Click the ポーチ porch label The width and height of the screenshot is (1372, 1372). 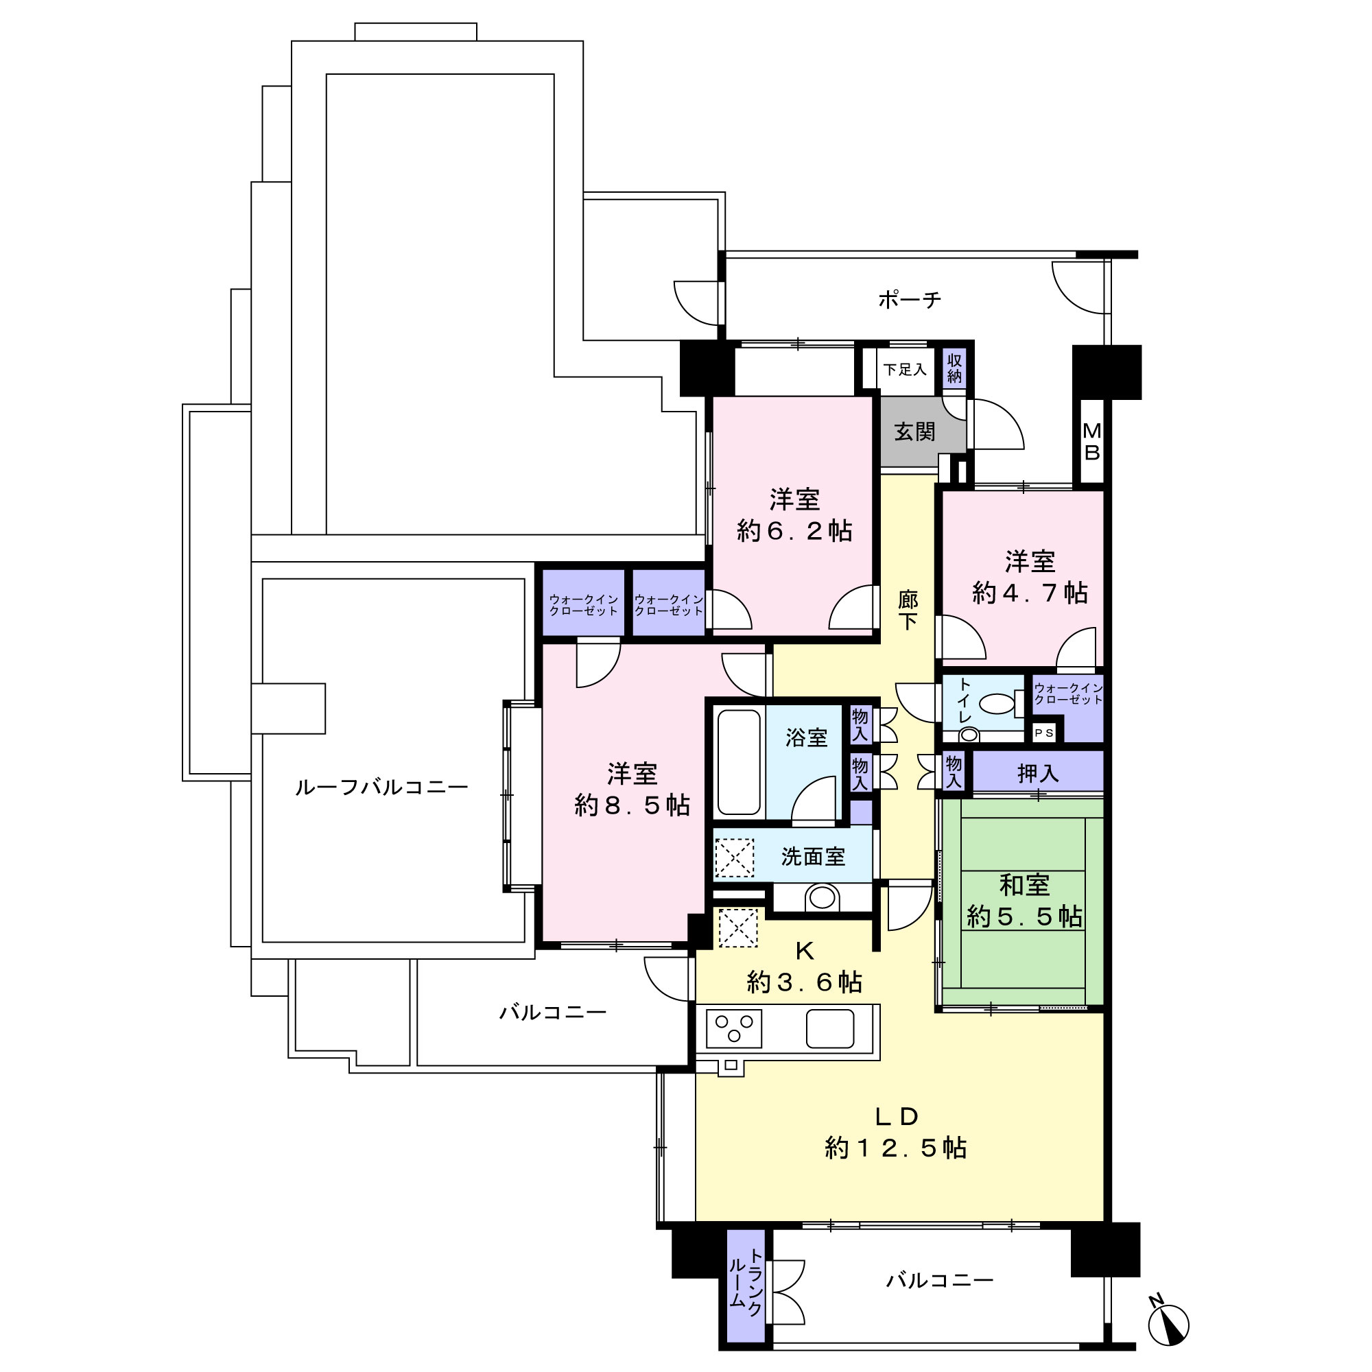point(910,300)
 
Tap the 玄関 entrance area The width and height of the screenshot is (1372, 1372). point(923,431)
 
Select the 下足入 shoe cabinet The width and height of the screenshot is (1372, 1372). point(905,369)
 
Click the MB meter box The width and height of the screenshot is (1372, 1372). point(1092,441)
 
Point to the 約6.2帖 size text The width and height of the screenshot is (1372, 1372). point(794,530)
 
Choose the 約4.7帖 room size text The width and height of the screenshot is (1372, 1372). point(1030,591)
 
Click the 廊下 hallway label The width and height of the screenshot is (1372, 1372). point(908,610)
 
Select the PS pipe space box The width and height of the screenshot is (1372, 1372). point(1044,733)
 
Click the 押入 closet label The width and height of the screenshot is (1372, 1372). point(1038,773)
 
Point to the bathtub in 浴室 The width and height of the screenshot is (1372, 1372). point(739,762)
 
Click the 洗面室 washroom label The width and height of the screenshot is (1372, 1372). point(813,857)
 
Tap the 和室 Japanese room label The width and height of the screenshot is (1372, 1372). point(1025,885)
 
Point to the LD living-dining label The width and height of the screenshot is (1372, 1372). point(897,1117)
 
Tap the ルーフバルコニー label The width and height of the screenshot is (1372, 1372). point(382,787)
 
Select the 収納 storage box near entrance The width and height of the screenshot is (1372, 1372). point(954,369)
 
